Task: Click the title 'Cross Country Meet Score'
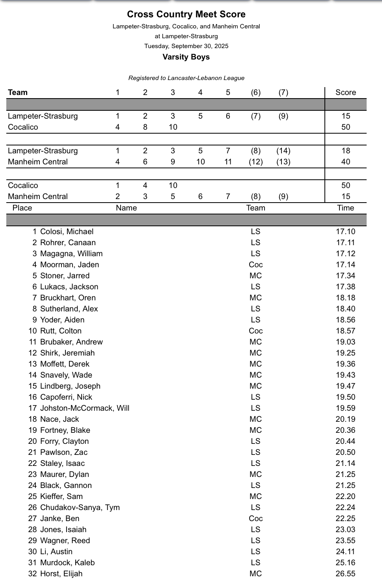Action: click(186, 15)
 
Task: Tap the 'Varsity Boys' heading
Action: click(186, 57)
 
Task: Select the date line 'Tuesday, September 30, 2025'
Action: click(186, 46)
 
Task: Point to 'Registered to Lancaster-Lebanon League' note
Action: click(186, 78)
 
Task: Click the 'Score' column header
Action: click(345, 93)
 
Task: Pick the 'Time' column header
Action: click(345, 208)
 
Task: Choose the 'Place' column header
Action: click(22, 208)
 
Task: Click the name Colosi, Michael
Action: click(67, 232)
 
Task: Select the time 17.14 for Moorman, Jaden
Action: click(345, 265)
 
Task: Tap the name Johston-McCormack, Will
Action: click(85, 408)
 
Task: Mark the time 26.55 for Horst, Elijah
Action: click(345, 574)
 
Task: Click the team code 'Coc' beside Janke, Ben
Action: click(255, 519)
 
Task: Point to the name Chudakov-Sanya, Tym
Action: click(80, 508)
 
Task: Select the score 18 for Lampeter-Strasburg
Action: click(345, 151)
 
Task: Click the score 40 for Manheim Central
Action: click(345, 162)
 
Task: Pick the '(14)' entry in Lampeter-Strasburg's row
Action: click(283, 151)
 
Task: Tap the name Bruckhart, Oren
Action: click(68, 298)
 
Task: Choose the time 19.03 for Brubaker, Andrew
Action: click(345, 342)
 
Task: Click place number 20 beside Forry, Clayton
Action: click(32, 441)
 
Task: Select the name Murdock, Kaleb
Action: click(67, 563)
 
